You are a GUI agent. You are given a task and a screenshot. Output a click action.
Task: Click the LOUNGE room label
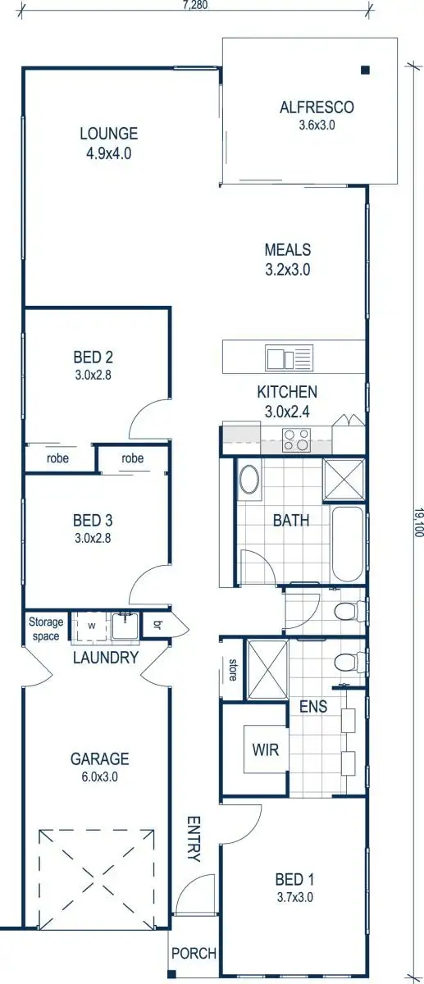pyautogui.click(x=108, y=134)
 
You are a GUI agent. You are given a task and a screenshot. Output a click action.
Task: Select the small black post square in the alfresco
pyautogui.click(x=365, y=71)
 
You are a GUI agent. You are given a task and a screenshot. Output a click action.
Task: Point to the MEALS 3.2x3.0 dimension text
pyautogui.click(x=287, y=269)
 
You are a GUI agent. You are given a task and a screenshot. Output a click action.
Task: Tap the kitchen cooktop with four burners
pyautogui.click(x=295, y=440)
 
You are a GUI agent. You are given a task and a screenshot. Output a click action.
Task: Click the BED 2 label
pyautogui.click(x=92, y=357)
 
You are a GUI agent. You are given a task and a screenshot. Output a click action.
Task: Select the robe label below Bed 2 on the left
pyautogui.click(x=57, y=459)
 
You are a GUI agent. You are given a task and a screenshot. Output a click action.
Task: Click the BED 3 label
pyautogui.click(x=92, y=520)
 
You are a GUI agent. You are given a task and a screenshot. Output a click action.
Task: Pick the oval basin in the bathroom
pyautogui.click(x=249, y=481)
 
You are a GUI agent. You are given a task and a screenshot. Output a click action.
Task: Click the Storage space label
pyautogui.click(x=46, y=628)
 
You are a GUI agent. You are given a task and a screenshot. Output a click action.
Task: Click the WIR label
pyautogui.click(x=266, y=750)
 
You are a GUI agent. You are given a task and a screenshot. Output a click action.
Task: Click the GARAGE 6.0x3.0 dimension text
pyautogui.click(x=98, y=777)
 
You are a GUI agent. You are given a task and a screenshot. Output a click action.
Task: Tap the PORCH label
pyautogui.click(x=194, y=954)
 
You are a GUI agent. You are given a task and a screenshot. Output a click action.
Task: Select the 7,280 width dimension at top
pyautogui.click(x=194, y=5)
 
